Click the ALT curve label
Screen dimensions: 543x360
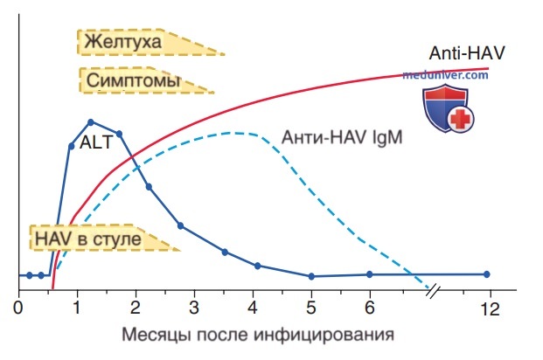(96, 142)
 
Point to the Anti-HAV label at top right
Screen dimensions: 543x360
(467, 53)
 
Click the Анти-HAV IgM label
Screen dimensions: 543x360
(342, 137)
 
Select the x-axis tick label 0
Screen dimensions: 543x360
(18, 307)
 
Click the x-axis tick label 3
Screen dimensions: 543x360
(194, 307)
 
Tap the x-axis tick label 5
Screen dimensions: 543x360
(311, 307)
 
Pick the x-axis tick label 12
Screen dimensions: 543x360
(490, 309)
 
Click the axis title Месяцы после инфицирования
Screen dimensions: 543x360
(258, 335)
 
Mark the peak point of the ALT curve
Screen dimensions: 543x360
(91, 122)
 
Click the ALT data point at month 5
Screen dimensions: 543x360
(311, 276)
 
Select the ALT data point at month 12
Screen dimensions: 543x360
(486, 274)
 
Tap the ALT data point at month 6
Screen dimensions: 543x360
(370, 274)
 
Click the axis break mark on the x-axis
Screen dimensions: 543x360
(433, 292)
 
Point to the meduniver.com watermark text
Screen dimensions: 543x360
(445, 75)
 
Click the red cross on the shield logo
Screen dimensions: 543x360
(460, 119)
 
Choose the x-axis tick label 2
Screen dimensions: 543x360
(135, 307)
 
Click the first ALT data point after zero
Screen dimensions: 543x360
(30, 275)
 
